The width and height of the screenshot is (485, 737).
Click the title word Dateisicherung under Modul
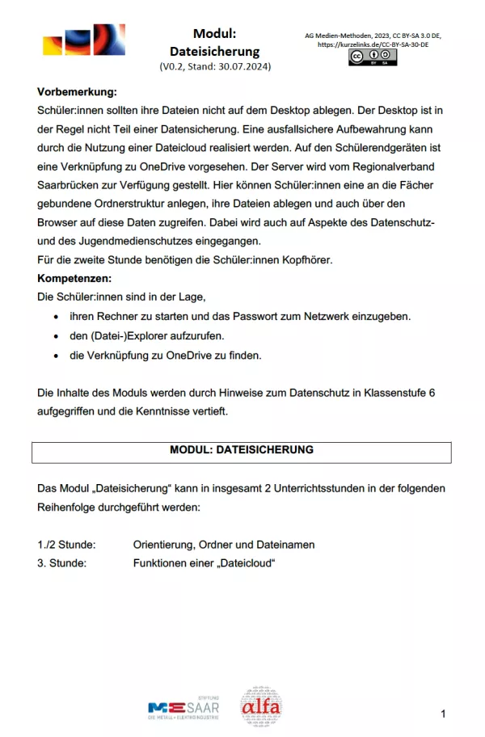214,51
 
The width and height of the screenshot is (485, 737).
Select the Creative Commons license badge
373,57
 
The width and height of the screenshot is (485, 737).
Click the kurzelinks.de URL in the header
373,44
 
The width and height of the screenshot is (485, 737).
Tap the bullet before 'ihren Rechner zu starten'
56,316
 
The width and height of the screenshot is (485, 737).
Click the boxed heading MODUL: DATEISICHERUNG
242,450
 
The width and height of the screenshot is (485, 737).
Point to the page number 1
443,714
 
